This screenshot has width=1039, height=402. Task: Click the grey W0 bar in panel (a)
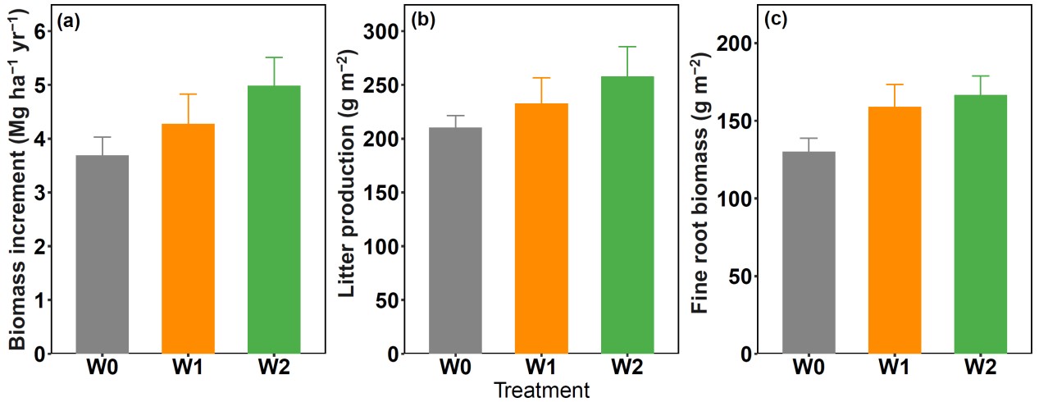pos(103,254)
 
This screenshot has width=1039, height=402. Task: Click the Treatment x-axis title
pos(541,391)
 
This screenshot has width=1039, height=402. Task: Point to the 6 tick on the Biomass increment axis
pos(39,31)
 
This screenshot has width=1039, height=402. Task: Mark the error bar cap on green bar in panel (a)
pos(274,57)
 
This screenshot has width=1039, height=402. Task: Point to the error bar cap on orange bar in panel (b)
pos(541,78)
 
